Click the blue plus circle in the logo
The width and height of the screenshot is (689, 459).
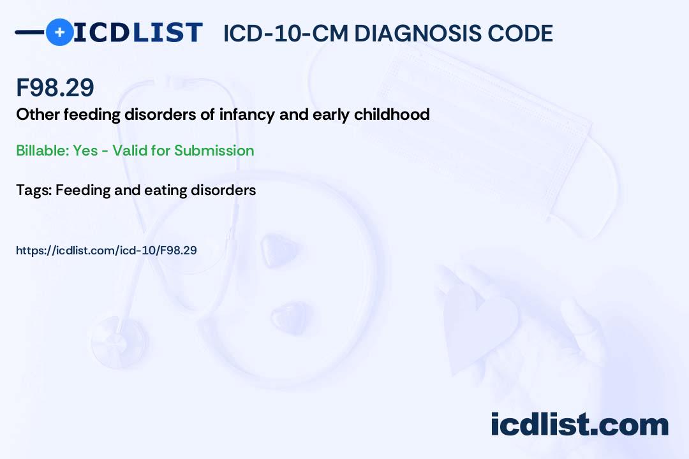[x=59, y=32]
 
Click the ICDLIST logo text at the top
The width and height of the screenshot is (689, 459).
[x=138, y=33]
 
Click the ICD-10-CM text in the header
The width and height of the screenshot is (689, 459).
[x=285, y=34]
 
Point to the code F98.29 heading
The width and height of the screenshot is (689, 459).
[x=56, y=88]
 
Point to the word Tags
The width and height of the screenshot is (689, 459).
[x=33, y=190]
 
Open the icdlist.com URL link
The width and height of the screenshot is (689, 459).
[x=106, y=251]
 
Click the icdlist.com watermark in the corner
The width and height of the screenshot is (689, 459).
[x=579, y=425]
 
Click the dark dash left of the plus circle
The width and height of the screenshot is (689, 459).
[x=30, y=32]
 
